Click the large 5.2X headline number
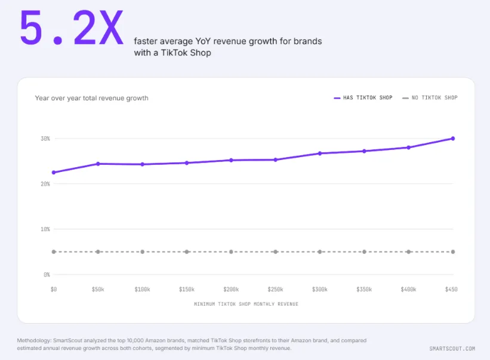click(x=72, y=28)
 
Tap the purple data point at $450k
click(x=453, y=139)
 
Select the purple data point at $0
click(x=54, y=173)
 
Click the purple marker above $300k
click(x=320, y=153)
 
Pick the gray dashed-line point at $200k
click(x=231, y=252)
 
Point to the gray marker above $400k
click(x=408, y=252)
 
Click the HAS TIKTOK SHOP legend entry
click(x=363, y=98)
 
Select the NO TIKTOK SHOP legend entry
click(x=430, y=98)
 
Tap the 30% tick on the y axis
click(x=45, y=139)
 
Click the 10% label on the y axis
click(x=45, y=229)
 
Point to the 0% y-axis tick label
click(x=47, y=275)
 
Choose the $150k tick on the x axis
click(x=187, y=290)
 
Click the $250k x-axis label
click(x=275, y=290)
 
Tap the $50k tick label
click(x=98, y=290)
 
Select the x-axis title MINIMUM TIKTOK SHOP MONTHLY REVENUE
click(x=246, y=304)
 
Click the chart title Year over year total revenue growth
click(x=91, y=98)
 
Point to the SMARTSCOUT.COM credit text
click(x=452, y=349)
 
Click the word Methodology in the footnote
click(x=34, y=341)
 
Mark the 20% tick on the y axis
click(x=45, y=184)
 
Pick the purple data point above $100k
click(x=142, y=164)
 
